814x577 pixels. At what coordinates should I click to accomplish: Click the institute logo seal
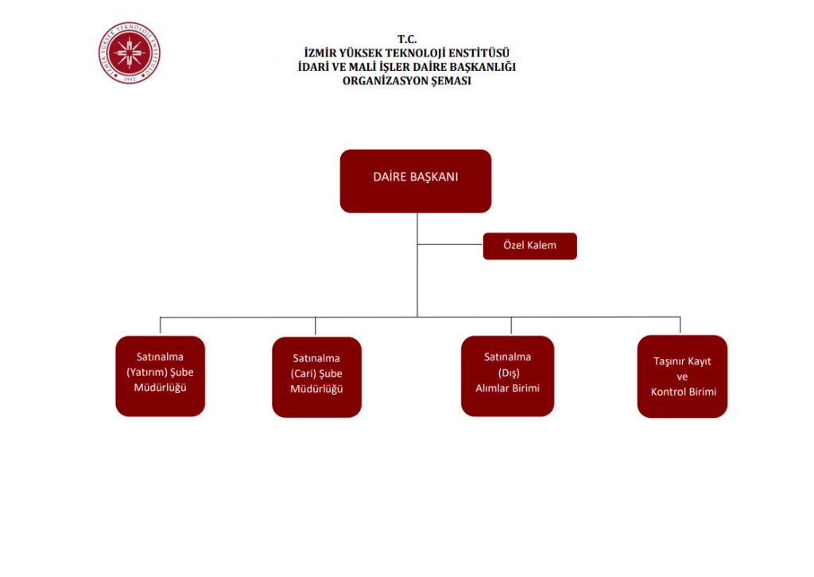click(x=130, y=53)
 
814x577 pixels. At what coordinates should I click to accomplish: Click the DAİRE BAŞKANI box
click(x=416, y=181)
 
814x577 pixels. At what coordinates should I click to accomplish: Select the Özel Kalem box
click(x=529, y=246)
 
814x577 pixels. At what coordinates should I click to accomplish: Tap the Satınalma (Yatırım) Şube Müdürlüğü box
click(x=160, y=376)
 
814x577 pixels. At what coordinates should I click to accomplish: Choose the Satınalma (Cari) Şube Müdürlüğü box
click(x=316, y=377)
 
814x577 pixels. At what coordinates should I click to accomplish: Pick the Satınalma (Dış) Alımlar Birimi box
click(x=507, y=376)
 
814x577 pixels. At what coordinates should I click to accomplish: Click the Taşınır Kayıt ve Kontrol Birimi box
click(x=682, y=376)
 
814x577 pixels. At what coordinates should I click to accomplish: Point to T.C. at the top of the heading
click(x=406, y=39)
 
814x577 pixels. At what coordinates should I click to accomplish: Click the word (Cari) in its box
click(x=304, y=373)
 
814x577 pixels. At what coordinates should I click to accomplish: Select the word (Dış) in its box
click(x=507, y=372)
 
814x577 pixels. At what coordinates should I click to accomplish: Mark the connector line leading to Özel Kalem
click(x=450, y=245)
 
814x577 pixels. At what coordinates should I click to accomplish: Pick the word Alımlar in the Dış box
click(x=491, y=388)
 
